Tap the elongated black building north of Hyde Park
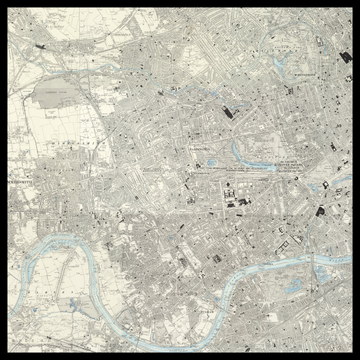[x=228, y=112]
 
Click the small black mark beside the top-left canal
[x=40, y=47]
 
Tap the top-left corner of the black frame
[x=2, y=2]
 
